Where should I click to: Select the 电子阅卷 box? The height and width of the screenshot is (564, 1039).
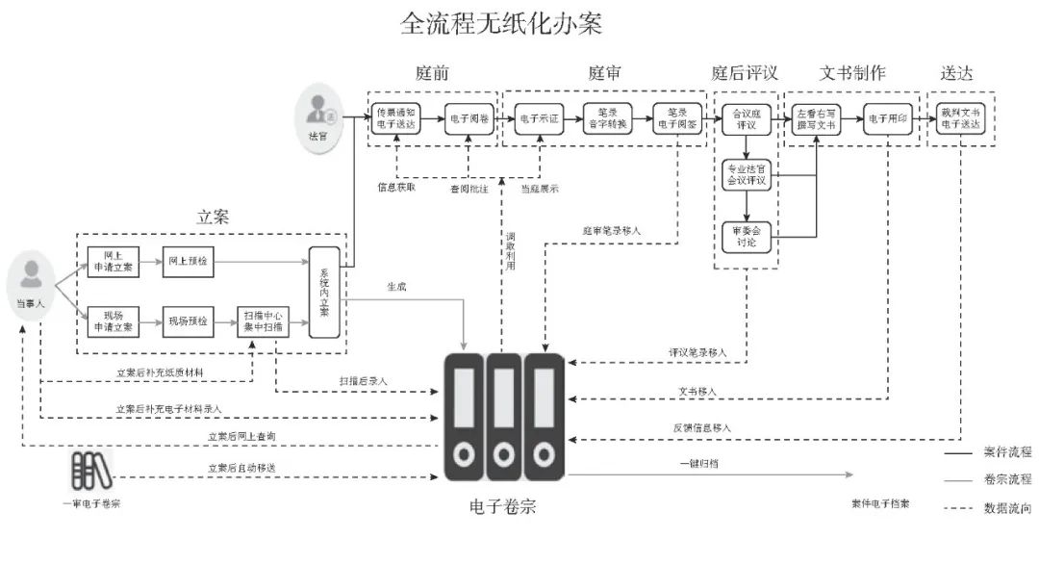469,119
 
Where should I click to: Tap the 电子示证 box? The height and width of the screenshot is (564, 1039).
538,119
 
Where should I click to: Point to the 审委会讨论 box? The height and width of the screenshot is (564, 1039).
747,237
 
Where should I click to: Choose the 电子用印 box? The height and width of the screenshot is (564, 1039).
886,119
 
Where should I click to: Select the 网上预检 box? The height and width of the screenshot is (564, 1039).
188,261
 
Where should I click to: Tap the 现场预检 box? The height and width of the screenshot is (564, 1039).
188,320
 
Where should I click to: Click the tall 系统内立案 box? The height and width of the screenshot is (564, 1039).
325,293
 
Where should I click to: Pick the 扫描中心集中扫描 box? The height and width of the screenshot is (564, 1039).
264,320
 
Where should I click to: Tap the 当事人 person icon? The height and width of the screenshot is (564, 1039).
32,278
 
